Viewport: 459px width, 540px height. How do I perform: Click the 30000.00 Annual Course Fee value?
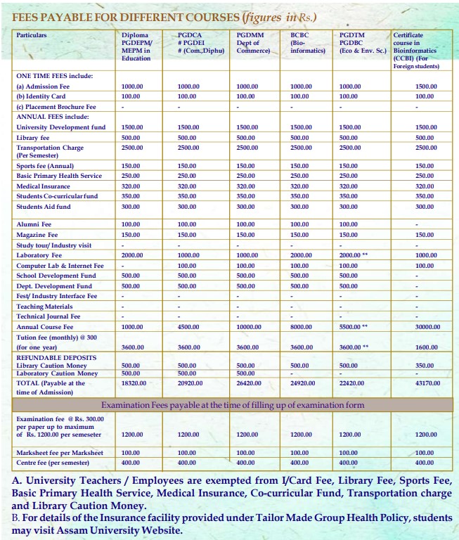click(425, 327)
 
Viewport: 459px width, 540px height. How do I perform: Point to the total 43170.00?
click(425, 383)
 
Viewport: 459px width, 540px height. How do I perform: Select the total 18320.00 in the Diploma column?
click(132, 383)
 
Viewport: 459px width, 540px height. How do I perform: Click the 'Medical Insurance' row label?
click(43, 186)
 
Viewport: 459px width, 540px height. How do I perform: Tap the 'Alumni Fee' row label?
click(34, 224)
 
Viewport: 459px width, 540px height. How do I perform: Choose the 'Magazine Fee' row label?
click(37, 234)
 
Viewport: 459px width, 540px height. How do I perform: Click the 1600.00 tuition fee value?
click(425, 347)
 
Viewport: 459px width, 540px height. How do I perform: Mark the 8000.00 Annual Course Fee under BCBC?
click(301, 327)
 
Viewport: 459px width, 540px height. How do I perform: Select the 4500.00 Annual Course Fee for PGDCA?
click(188, 327)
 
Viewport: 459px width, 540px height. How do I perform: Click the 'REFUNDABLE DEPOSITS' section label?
click(56, 357)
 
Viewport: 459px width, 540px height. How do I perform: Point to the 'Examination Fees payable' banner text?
click(233, 406)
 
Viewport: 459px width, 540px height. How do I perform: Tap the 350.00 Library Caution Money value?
click(425, 366)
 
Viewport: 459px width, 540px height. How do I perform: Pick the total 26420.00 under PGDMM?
click(247, 383)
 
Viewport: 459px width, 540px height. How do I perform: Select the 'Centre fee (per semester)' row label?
click(53, 463)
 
